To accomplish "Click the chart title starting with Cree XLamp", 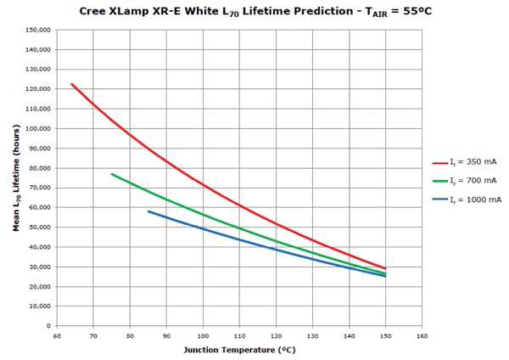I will point(255,12).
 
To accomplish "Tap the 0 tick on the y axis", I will point(49,325).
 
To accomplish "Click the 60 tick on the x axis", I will point(57,335).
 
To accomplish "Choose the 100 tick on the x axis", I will point(204,335).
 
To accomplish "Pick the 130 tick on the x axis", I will point(313,335).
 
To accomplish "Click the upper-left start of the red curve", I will point(72,84).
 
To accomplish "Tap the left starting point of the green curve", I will point(112,174).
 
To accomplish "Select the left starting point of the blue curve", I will point(148,211).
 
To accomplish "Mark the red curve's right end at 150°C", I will point(386,268).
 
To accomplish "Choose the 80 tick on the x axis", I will point(130,335).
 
